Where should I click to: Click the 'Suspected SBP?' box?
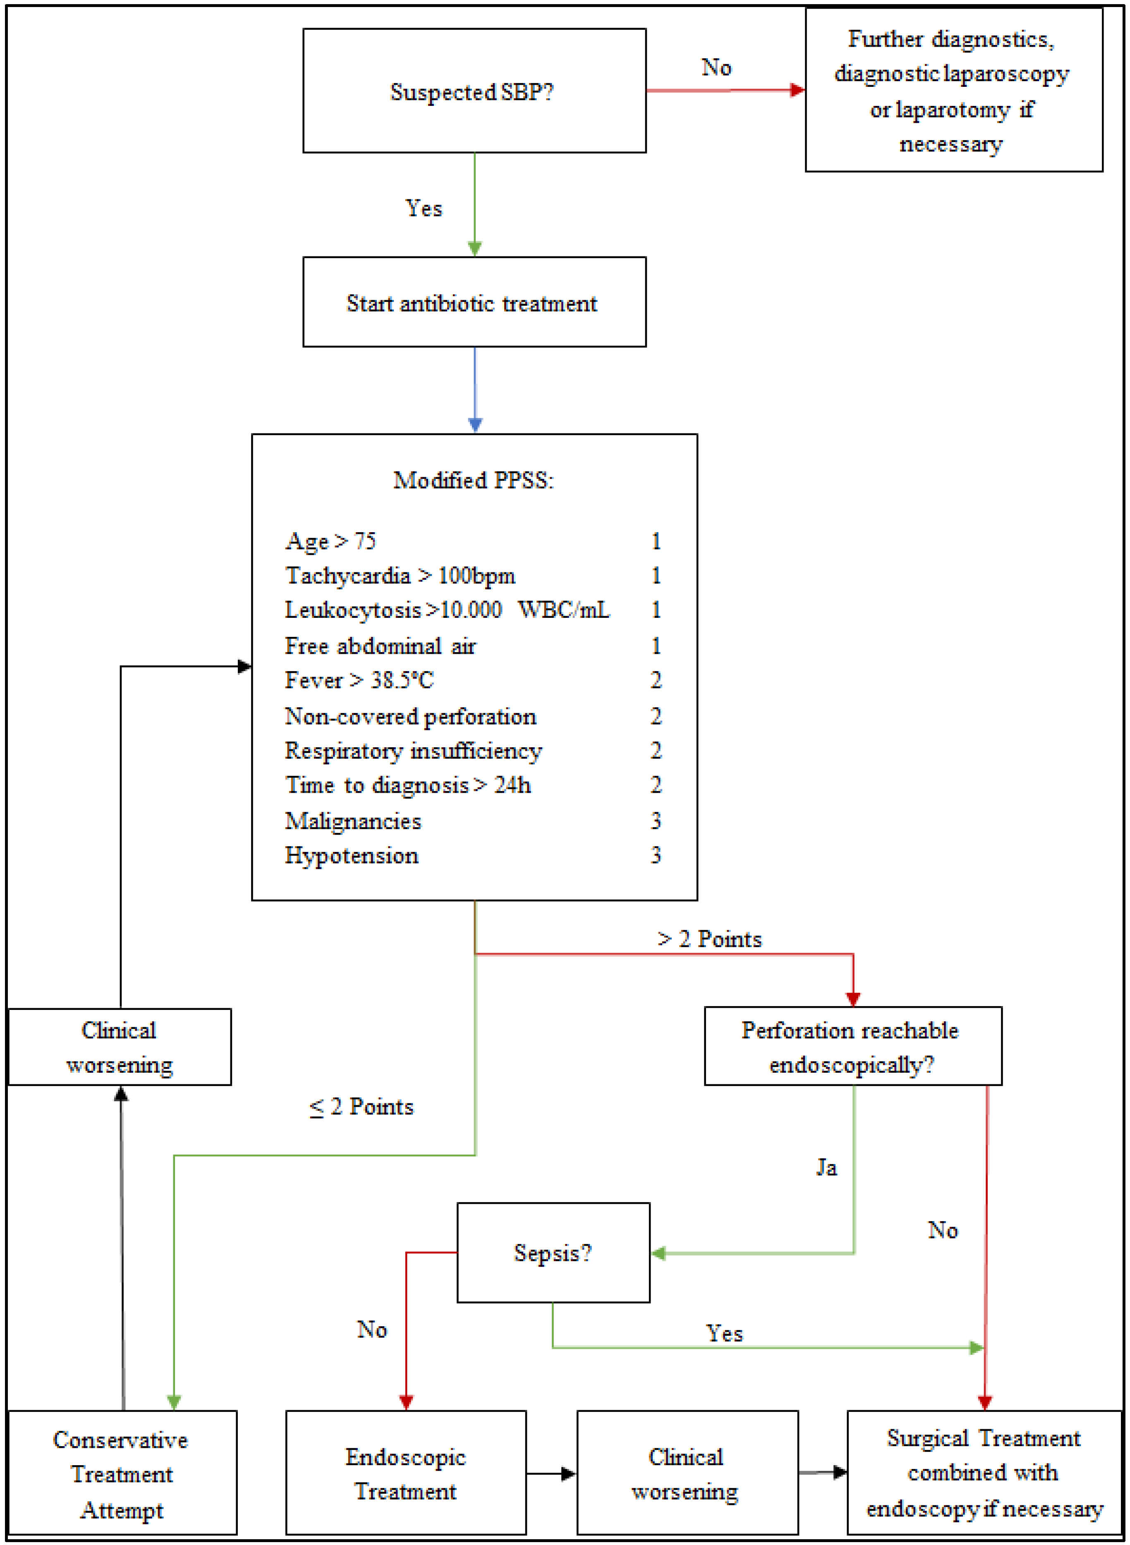coord(474,91)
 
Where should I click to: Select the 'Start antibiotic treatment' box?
coord(474,302)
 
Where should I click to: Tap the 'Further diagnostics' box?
coord(953,90)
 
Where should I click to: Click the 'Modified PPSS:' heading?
coord(473,480)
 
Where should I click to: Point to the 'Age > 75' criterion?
coord(330,541)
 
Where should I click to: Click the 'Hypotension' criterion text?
coord(352,855)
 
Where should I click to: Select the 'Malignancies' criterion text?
coord(353,820)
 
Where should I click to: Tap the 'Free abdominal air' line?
coord(380,646)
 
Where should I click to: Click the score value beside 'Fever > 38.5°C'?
coord(655,680)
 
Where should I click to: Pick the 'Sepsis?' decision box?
coord(553,1252)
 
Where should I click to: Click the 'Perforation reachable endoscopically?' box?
coord(852,1046)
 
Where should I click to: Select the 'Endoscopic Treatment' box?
coord(406,1473)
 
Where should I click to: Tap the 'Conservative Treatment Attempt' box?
coord(122,1473)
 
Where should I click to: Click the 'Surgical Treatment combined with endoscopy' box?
coord(984,1472)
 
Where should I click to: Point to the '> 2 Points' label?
coord(709,939)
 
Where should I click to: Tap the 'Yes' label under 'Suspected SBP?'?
coord(424,208)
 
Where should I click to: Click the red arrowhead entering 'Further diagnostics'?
coord(797,90)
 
